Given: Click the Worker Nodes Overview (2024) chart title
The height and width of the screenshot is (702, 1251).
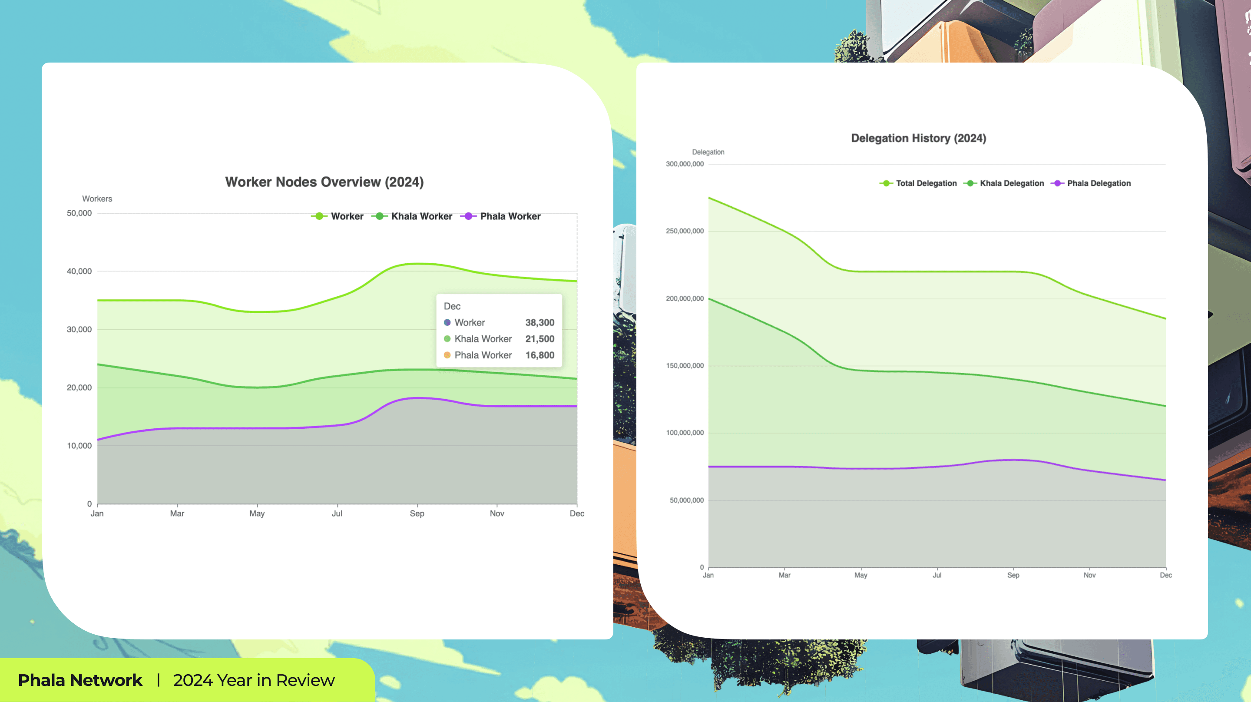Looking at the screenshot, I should point(324,182).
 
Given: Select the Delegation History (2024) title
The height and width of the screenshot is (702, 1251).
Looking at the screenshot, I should point(918,139).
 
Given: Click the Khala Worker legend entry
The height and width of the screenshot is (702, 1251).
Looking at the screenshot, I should point(421,217).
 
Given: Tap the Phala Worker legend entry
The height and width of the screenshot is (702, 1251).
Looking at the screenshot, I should point(510,217).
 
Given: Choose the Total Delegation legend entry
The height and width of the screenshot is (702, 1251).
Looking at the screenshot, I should point(926,184).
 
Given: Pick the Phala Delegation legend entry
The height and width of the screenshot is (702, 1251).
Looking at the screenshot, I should point(1099,184).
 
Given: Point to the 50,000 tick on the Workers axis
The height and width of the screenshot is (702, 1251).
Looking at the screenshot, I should point(79,213).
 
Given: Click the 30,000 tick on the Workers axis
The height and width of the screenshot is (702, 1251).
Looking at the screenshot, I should point(79,329).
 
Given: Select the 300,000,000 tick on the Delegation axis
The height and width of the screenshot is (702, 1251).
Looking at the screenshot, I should point(684,164).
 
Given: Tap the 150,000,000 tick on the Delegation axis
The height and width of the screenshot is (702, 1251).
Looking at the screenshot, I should point(684,366).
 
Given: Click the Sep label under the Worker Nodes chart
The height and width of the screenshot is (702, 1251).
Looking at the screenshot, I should point(417,513).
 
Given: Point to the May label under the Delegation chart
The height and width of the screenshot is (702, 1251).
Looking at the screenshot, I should point(860,575).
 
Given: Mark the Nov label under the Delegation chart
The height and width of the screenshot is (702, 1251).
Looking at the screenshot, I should point(1089,575).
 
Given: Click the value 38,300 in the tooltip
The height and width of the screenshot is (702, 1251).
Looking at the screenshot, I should point(539,323).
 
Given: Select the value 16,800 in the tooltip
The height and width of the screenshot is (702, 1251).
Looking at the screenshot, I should point(539,355).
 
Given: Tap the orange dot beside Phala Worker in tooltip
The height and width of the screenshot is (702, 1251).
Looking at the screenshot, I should point(447,355).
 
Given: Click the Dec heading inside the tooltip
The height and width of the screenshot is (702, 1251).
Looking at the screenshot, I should point(452,307).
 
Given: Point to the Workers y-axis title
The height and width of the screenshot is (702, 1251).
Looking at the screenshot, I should point(97,199).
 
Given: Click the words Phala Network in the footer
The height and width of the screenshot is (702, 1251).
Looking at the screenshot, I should point(80,680).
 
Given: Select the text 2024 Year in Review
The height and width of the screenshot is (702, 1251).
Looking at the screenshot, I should point(254,680).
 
